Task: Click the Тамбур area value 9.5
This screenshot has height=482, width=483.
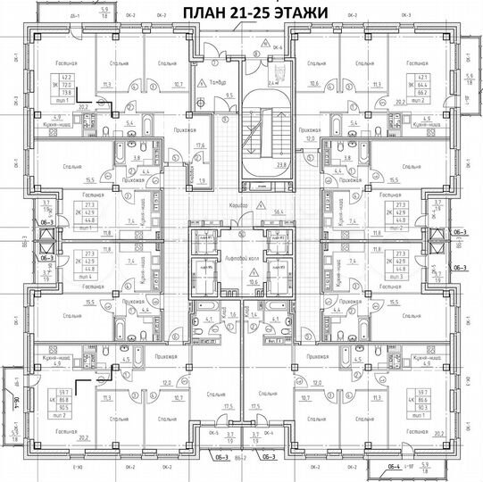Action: point(229,94)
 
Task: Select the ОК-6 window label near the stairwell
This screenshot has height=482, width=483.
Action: point(278,46)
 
